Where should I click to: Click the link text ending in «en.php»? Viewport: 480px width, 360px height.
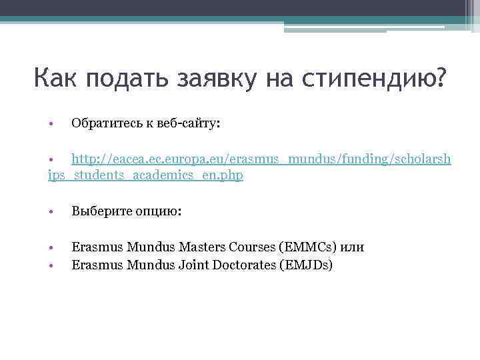(146, 175)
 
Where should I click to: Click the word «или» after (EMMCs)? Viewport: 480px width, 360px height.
(352, 247)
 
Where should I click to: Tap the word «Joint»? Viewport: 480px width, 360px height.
(191, 265)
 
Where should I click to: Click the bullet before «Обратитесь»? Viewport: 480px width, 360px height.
(51, 124)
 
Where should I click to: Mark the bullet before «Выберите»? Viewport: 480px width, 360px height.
(51, 212)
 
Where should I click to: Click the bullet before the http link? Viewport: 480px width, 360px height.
(51, 160)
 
